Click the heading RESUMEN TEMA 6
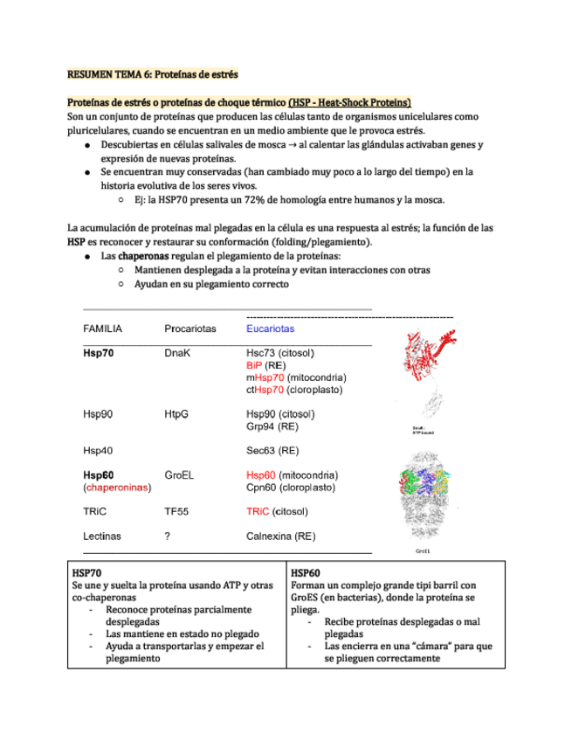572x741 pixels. coord(153,75)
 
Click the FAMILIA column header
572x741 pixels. coord(102,329)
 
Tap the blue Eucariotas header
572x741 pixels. coord(271,329)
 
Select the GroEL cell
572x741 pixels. coord(179,474)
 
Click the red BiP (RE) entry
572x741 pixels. coord(266,365)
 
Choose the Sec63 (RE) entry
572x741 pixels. coord(272,451)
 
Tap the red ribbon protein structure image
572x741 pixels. coord(428,354)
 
